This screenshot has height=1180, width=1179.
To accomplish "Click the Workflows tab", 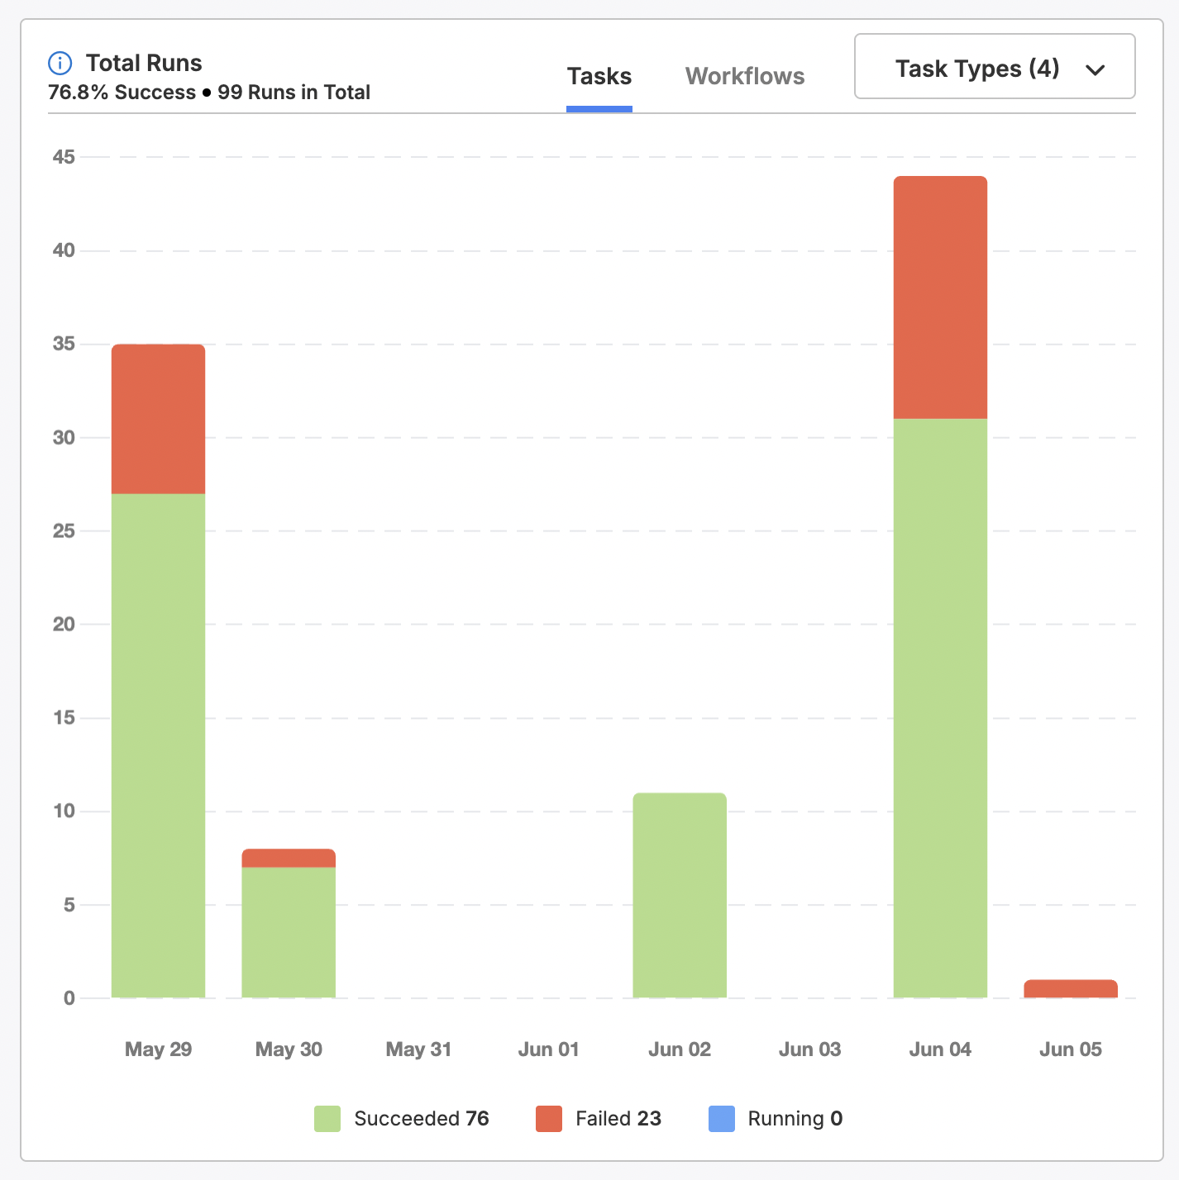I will (x=745, y=77).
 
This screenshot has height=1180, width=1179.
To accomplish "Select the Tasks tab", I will (x=599, y=77).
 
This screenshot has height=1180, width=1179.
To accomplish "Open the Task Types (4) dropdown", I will (x=994, y=67).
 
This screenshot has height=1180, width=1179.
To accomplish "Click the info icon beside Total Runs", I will (x=60, y=63).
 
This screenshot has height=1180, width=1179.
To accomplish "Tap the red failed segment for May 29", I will (x=158, y=419).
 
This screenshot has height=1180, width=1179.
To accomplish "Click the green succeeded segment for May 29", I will (x=158, y=744).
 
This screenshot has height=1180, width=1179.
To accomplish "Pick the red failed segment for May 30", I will (x=289, y=858).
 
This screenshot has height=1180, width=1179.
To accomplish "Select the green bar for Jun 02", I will (x=680, y=895).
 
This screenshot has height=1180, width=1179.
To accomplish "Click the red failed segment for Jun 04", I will (x=940, y=297).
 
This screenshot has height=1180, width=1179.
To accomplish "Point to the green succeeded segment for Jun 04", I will (x=940, y=707).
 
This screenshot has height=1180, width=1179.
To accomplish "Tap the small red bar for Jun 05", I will (x=1071, y=988).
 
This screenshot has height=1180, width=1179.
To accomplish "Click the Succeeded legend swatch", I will (x=327, y=1119).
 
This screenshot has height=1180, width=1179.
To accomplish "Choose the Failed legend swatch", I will (x=549, y=1119).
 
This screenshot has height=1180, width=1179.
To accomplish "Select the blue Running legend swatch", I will (x=722, y=1119).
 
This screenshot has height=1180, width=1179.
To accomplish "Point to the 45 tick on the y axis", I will (x=64, y=157).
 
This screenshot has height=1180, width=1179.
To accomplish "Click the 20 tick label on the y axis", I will (x=64, y=625).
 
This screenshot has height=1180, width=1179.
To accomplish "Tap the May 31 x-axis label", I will (x=418, y=1049).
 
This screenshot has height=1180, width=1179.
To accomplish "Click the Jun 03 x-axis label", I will (x=809, y=1049).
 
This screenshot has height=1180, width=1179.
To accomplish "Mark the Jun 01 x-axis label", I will (x=548, y=1049).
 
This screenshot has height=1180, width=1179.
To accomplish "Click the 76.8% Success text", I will (x=122, y=93).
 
